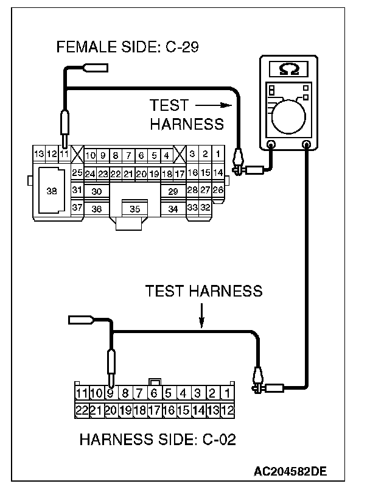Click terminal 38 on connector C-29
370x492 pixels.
point(51,191)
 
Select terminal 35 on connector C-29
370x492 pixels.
point(135,209)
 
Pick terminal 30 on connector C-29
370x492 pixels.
point(96,191)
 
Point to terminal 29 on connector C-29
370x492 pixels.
point(173,192)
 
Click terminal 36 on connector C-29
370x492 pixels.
point(96,209)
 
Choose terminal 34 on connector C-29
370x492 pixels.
point(173,209)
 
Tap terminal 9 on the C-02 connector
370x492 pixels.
point(111,393)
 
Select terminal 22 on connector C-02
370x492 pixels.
point(82,410)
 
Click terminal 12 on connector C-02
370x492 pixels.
point(227,410)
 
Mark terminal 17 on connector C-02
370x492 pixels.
point(155,410)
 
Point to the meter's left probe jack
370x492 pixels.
point(271,145)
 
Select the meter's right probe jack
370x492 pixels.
point(307,145)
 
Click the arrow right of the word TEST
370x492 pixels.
point(213,105)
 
